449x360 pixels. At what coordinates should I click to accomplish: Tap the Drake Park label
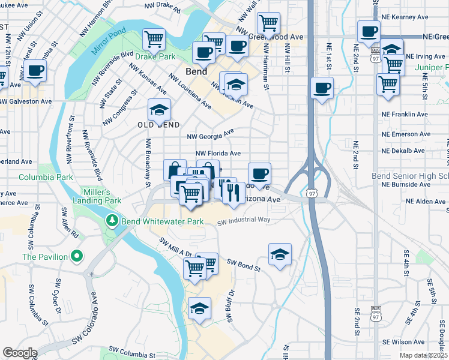click(155, 56)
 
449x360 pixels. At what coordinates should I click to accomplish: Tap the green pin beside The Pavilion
click(76, 257)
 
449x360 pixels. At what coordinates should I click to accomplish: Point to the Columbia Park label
click(46, 177)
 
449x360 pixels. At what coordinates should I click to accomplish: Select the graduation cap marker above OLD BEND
click(159, 110)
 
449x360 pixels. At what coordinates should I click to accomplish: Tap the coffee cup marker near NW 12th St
click(35, 70)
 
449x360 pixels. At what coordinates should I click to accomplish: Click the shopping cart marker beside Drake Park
click(154, 40)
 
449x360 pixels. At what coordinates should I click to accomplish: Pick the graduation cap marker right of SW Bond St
click(280, 254)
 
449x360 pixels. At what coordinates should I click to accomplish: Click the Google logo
click(20, 353)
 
